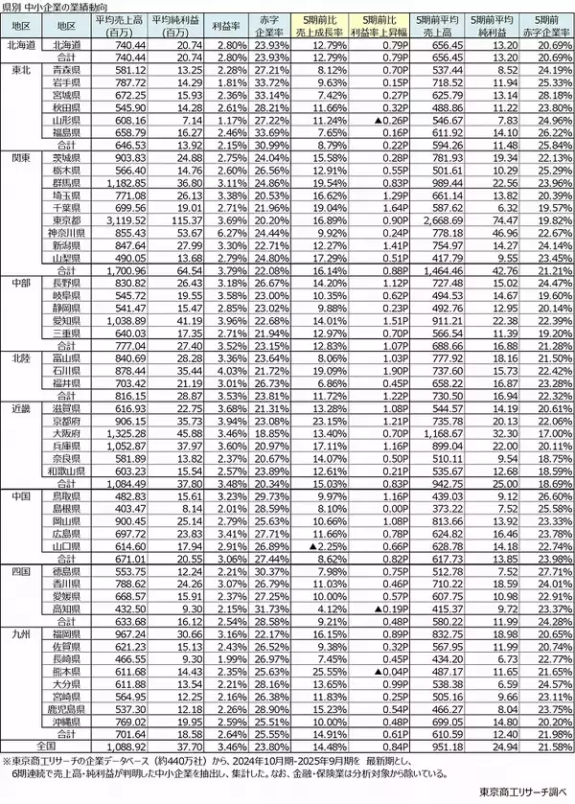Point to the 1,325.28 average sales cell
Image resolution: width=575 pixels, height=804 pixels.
(120, 434)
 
